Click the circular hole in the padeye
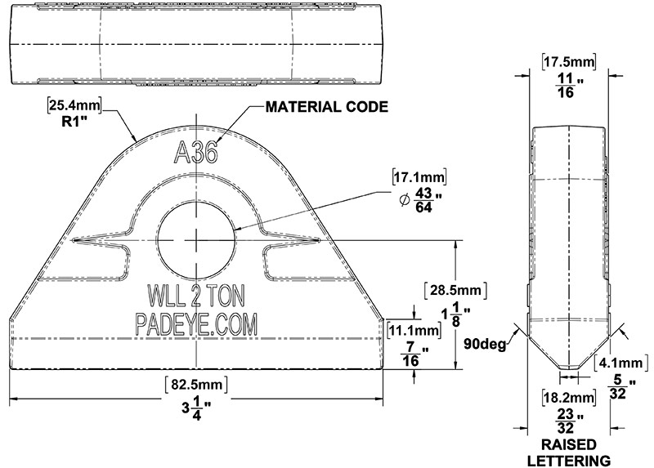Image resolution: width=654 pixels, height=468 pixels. (196, 238)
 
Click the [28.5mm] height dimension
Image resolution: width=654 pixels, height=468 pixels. (457, 290)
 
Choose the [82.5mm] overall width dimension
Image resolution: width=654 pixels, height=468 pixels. (196, 382)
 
